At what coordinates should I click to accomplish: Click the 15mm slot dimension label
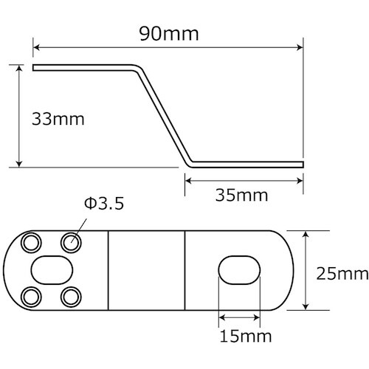pos(241,337)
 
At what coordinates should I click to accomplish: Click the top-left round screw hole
pos(31,242)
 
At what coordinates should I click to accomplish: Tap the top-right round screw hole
pos(71,241)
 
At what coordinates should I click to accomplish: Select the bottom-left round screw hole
pos(31,297)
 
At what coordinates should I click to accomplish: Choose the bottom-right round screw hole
pos(71,297)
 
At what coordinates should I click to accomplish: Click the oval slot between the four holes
pos(51,269)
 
